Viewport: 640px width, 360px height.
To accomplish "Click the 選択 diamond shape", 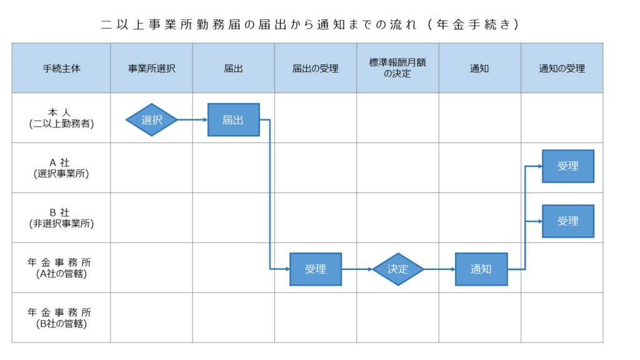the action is pyautogui.click(x=151, y=119).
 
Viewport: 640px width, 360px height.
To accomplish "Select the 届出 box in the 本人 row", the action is pyautogui.click(x=234, y=119).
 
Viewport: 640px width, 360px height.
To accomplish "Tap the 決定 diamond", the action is pyautogui.click(x=398, y=269).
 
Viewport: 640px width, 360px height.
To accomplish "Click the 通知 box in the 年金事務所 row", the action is pyautogui.click(x=481, y=269).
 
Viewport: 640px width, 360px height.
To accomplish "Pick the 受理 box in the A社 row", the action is pyautogui.click(x=567, y=166).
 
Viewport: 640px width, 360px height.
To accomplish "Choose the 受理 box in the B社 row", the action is pyautogui.click(x=567, y=221).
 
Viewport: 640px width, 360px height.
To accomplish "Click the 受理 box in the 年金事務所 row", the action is pyautogui.click(x=316, y=269).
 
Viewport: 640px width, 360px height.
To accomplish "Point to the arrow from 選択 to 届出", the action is pyautogui.click(x=192, y=119).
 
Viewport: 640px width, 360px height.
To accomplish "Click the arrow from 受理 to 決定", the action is pyautogui.click(x=357, y=269).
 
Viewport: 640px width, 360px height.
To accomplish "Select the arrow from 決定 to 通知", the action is pyautogui.click(x=439, y=269).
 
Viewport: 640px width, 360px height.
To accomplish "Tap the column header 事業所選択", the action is pyautogui.click(x=151, y=68).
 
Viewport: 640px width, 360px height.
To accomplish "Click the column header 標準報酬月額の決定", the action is pyautogui.click(x=397, y=67).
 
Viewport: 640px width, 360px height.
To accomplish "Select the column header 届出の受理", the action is pyautogui.click(x=316, y=68).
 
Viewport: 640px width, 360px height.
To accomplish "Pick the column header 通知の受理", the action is pyautogui.click(x=562, y=68).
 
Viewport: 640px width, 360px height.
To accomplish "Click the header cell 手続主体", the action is pyautogui.click(x=61, y=68).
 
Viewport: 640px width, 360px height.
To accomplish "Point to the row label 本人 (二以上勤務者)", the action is pyautogui.click(x=61, y=118).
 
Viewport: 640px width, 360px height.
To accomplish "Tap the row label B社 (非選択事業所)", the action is pyautogui.click(x=61, y=218).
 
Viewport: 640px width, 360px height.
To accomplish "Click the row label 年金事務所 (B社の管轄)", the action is pyautogui.click(x=59, y=318).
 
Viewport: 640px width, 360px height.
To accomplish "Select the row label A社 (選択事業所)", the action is pyautogui.click(x=61, y=168).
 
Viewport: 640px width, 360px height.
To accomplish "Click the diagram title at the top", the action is pyautogui.click(x=310, y=24).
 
